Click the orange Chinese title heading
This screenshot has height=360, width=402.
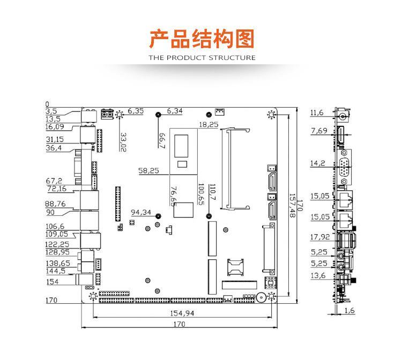click(x=202, y=40)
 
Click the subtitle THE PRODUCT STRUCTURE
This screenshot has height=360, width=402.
click(x=202, y=57)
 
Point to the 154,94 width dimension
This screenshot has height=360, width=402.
click(x=182, y=313)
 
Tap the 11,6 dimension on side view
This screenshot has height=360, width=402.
click(x=317, y=113)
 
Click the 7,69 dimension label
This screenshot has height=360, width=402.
click(x=318, y=131)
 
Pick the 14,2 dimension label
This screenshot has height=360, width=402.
click(x=317, y=163)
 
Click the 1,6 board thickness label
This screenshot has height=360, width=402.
click(x=350, y=310)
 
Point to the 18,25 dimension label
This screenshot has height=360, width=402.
click(x=209, y=125)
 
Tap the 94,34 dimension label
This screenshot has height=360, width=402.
click(x=141, y=212)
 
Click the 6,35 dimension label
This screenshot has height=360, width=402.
click(x=136, y=111)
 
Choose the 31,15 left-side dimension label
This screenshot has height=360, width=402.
click(x=55, y=139)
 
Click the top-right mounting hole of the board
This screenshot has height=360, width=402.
click(x=271, y=114)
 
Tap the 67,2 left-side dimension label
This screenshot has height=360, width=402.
click(x=54, y=181)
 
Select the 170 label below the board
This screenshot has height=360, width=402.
click(x=179, y=324)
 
